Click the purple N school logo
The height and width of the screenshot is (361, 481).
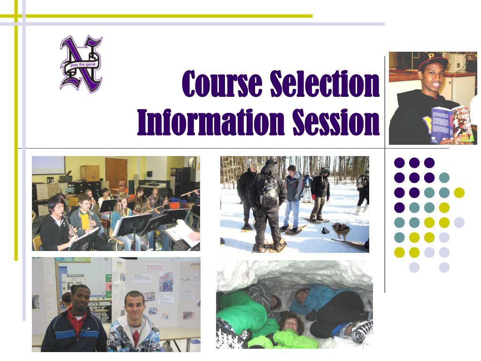click(x=81, y=63)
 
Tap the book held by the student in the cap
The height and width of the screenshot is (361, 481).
click(x=451, y=124)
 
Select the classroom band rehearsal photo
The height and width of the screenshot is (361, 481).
click(x=116, y=203)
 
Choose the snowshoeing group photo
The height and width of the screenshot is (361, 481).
click(x=295, y=204)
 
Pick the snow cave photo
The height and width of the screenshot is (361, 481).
click(x=294, y=304)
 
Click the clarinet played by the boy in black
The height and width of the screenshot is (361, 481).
click(x=70, y=226)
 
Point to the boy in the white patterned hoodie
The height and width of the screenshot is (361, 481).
click(x=134, y=324)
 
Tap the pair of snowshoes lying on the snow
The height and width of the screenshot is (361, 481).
click(x=341, y=230)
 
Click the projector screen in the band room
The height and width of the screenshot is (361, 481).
click(x=48, y=165)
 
